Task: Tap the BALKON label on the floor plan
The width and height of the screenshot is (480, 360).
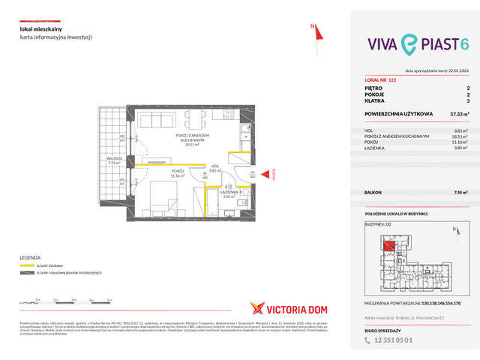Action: coord(114,159)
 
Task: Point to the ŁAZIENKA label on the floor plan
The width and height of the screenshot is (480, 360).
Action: coord(229,192)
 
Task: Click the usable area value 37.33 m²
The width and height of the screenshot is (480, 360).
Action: coord(459,114)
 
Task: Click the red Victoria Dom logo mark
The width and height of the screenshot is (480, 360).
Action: coord(256,308)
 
